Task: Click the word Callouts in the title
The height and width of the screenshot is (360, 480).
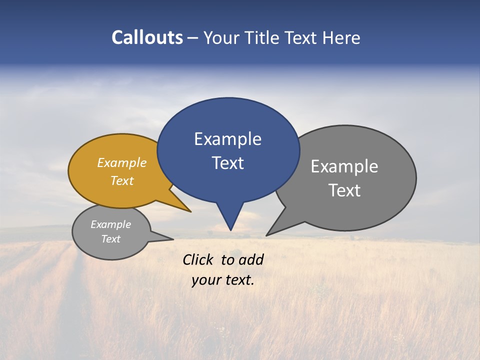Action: [x=147, y=37]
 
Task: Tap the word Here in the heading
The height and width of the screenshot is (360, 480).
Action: [x=342, y=37]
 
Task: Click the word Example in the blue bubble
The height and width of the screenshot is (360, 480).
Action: [x=227, y=139]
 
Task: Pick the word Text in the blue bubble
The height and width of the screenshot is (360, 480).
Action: [x=227, y=163]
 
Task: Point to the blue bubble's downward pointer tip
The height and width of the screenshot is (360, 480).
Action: [x=230, y=228]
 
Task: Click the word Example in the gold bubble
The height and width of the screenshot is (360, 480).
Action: [x=121, y=162]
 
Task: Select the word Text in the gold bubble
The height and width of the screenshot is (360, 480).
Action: [x=121, y=180]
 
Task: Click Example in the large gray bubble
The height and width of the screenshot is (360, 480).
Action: [x=344, y=166]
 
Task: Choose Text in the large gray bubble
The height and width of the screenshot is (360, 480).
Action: [x=344, y=190]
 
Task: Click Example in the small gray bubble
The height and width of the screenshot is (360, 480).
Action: [x=110, y=224]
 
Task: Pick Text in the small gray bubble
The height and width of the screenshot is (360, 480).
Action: [x=110, y=239]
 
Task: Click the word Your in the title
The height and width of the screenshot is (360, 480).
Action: [x=220, y=37]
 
